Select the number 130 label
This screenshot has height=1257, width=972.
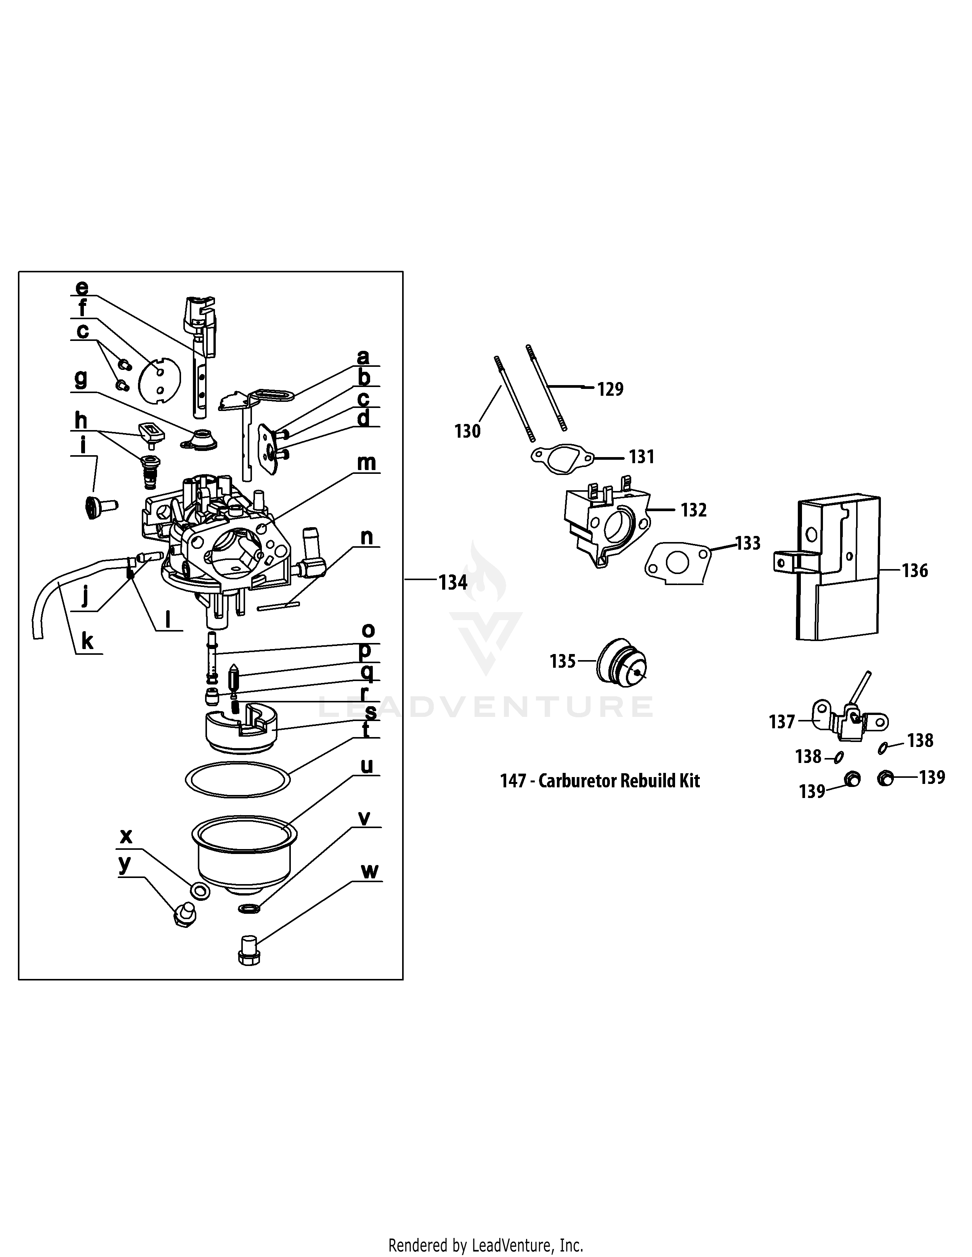pos(467,431)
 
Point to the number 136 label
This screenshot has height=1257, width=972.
pos(915,571)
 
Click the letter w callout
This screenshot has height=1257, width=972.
pos(370,872)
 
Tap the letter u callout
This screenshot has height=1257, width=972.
pos(366,766)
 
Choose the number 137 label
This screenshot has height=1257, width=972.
pos(781,722)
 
